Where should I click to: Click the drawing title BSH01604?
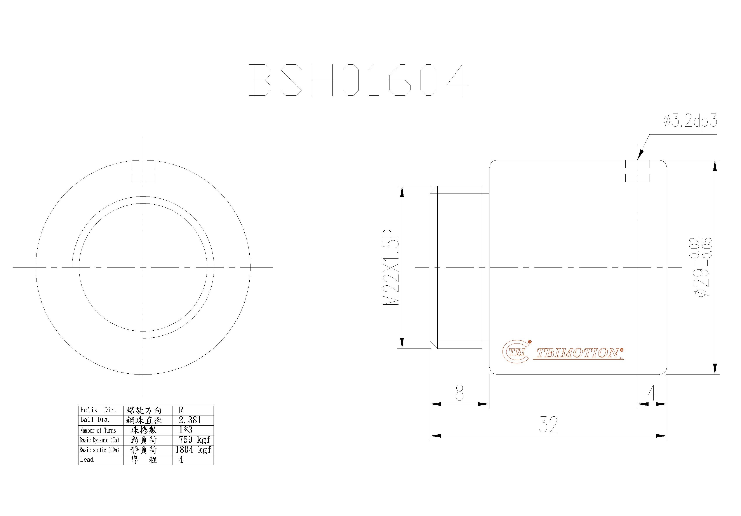[358, 80]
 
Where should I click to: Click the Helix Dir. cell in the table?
[98, 410]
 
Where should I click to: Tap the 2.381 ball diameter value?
[190, 420]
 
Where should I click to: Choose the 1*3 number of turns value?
[186, 430]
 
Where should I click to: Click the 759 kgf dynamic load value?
[194, 440]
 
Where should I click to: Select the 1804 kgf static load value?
[193, 450]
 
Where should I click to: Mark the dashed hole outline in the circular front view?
[143, 172]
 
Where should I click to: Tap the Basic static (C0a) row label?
[99, 450]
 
